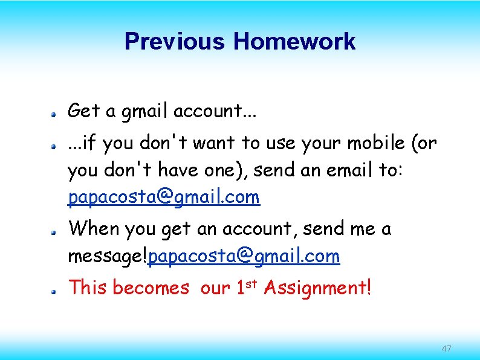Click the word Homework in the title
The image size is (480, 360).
coord(294,42)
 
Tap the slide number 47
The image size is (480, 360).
coord(447,349)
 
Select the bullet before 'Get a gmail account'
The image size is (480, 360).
coord(54,113)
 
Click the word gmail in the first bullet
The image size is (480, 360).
coord(145,111)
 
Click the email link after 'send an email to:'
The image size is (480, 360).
coord(164,198)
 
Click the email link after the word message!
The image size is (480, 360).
coord(244,257)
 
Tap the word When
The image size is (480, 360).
coord(95,229)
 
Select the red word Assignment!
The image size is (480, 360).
coord(317,288)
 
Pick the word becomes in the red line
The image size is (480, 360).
coord(151,288)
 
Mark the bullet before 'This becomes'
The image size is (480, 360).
coord(54,291)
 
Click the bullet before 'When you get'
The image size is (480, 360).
coord(54,231)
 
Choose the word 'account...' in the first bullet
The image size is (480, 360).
coord(208,111)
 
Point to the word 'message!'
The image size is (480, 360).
coord(108,257)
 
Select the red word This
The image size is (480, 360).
coord(88,288)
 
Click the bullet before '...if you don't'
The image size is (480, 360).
coord(54,146)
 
